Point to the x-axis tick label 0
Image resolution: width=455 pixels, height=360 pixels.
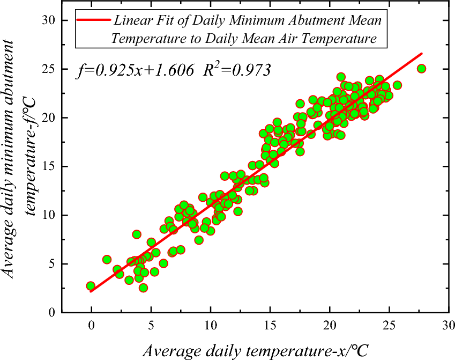coord(92,325)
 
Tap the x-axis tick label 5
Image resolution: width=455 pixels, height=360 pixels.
coord(151,325)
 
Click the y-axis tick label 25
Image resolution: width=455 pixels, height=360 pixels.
coord(49,69)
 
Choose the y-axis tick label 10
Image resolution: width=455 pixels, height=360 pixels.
coord(49,215)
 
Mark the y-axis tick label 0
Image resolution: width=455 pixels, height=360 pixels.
coord(53,312)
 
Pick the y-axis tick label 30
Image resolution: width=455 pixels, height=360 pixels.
coord(49,20)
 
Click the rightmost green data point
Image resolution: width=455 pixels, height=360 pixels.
coord(421,69)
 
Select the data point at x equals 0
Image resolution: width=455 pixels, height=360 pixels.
coord(91,286)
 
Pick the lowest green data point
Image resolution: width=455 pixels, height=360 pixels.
coord(143,288)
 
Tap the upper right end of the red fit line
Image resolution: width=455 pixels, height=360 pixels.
coord(422,54)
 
